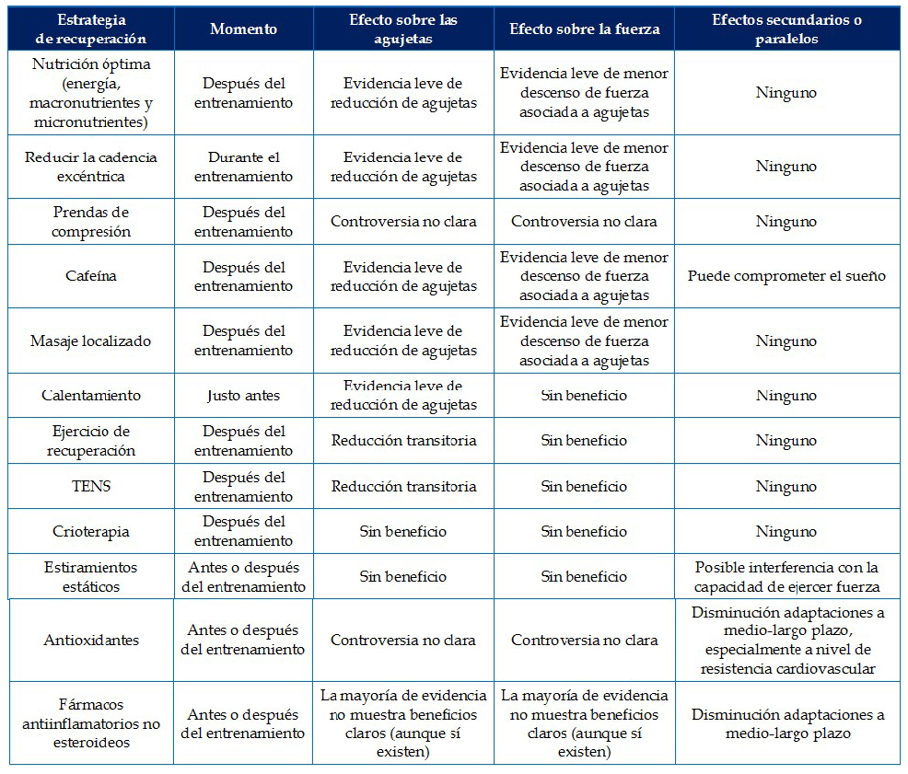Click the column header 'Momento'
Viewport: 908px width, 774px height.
(x=243, y=29)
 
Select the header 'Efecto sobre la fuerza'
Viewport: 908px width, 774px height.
(x=585, y=29)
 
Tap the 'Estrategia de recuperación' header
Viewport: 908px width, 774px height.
(x=91, y=29)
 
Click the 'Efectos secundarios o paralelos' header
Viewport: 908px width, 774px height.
(x=786, y=29)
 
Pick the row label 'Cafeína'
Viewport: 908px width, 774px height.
(x=91, y=276)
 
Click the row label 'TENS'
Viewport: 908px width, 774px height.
(x=91, y=486)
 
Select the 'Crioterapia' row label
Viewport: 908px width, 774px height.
(x=91, y=531)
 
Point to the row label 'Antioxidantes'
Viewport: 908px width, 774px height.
(x=91, y=640)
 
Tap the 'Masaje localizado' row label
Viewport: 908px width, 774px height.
(x=91, y=341)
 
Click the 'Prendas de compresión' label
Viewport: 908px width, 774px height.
(x=91, y=222)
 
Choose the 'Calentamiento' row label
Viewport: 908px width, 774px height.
(x=91, y=395)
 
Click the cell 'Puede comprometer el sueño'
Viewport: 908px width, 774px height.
(x=786, y=276)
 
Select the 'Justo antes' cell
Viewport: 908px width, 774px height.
(x=243, y=395)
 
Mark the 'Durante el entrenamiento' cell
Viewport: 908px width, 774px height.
(x=243, y=167)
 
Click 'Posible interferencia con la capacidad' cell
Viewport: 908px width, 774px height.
(x=786, y=577)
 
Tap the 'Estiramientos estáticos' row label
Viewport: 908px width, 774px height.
(x=91, y=577)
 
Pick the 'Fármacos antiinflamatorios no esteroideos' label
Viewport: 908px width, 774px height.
(x=91, y=723)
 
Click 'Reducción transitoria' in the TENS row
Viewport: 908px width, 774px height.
(x=404, y=486)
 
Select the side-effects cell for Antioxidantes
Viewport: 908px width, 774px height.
(x=786, y=640)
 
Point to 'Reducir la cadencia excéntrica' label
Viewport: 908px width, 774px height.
(x=91, y=167)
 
